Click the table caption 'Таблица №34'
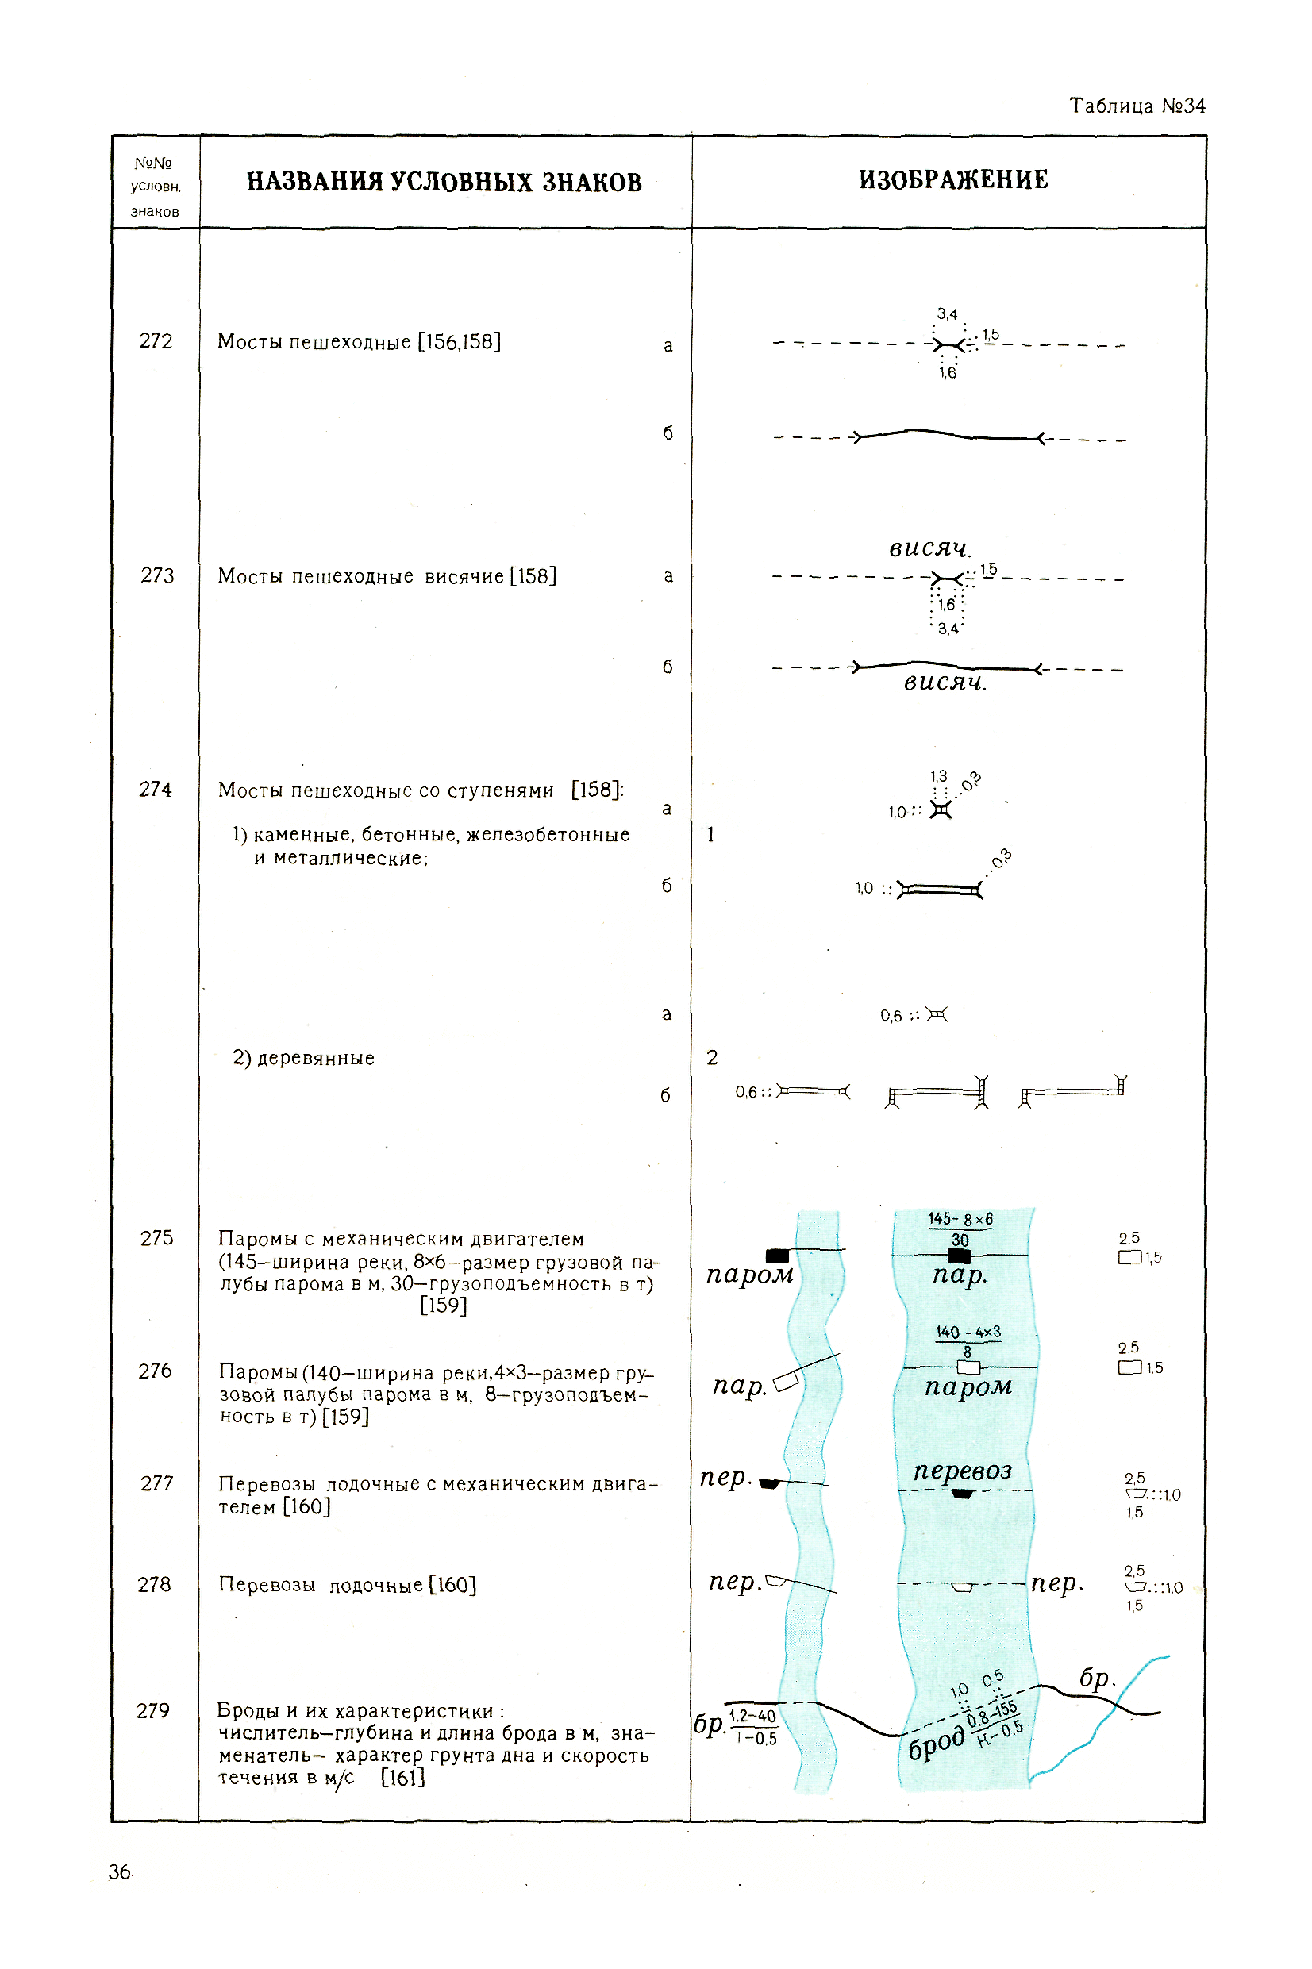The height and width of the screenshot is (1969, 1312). tap(1137, 106)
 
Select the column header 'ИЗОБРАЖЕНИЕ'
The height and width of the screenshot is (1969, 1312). tap(952, 180)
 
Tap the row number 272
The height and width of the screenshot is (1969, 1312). tap(156, 341)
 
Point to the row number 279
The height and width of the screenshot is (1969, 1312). tap(153, 1710)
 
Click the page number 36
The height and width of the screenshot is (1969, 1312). tap(120, 1872)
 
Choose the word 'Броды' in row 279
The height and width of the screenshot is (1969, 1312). tap(243, 1710)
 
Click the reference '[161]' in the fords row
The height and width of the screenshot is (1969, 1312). tap(402, 1778)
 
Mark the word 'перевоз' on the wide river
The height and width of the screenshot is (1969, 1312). tap(962, 1470)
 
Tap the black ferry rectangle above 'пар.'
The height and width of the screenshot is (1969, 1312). tap(959, 1256)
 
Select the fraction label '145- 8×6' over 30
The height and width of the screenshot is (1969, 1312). tap(960, 1220)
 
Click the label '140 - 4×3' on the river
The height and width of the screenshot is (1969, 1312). tap(968, 1332)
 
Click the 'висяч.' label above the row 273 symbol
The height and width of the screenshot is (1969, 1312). tap(929, 548)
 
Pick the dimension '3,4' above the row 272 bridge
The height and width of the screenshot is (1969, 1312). tap(946, 314)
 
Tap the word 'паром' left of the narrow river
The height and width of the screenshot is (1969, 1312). tap(749, 1274)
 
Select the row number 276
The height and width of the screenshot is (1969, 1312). tap(155, 1370)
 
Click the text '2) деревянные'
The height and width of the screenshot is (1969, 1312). tap(303, 1058)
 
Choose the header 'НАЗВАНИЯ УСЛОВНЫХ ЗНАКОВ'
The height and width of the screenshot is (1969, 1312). tap(444, 183)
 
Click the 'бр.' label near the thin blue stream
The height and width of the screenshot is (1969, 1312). tap(1096, 1678)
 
